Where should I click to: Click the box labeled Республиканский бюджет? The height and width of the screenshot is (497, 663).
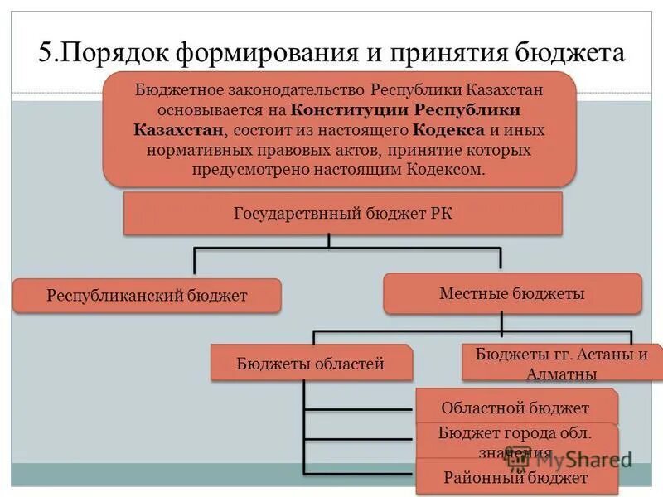coord(147,296)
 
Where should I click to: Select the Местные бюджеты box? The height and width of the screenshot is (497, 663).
coord(512,293)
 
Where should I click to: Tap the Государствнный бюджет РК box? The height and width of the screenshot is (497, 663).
coord(343,213)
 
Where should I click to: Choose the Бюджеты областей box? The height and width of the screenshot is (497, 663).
coord(311,363)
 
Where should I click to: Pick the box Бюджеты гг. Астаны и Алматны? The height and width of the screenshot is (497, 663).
coord(561,364)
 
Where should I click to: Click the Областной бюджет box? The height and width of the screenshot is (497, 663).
coord(515,408)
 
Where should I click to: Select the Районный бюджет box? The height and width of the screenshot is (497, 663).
coord(515,478)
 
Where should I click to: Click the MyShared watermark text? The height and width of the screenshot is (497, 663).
coord(580,458)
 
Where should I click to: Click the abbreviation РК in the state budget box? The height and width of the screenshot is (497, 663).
coord(441,213)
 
